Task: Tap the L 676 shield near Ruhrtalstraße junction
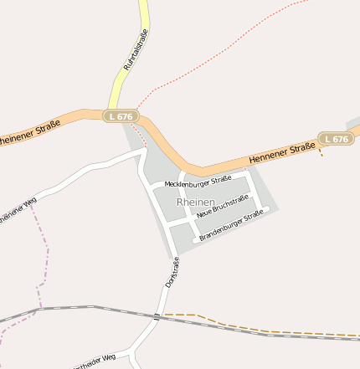pos(121,116)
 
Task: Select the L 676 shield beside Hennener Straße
pos(335,139)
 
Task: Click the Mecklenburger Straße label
pos(198,182)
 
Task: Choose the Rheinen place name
pos(196,202)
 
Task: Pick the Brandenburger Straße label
pos(231,226)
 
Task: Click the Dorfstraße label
pos(172,273)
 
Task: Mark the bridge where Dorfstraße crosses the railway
pos(157,315)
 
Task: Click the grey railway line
pos(84,309)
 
